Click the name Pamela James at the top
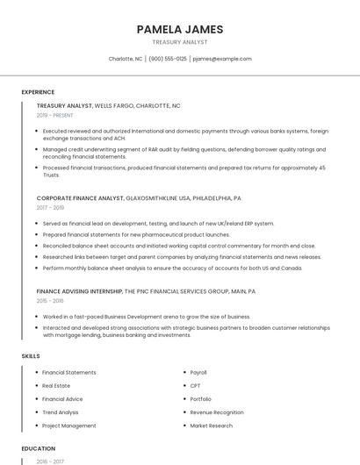(180, 29)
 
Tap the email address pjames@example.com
(221, 59)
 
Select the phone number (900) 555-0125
(168, 59)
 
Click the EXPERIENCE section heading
(38, 92)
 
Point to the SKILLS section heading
(31, 356)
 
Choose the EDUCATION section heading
(38, 448)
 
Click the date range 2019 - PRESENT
(55, 115)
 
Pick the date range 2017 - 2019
(50, 208)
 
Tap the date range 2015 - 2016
(50, 300)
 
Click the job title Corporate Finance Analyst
(80, 198)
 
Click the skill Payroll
(198, 373)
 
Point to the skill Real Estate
(56, 386)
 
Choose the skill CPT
(196, 386)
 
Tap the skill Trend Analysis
(61, 412)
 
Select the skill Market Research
(212, 426)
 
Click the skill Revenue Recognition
(217, 412)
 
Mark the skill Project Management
(69, 426)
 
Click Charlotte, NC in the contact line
(126, 59)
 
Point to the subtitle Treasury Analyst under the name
(180, 42)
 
